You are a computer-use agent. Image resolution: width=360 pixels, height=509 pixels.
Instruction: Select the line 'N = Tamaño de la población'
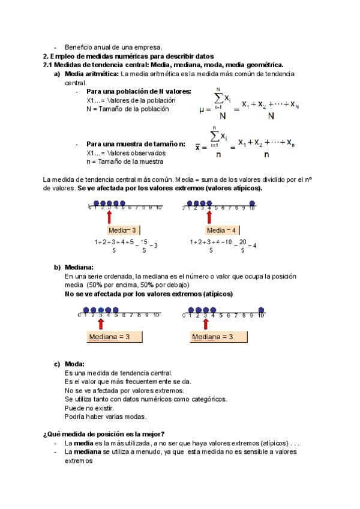tap(127, 109)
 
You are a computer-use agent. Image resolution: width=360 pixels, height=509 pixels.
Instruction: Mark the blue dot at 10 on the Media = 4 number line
tap(252, 203)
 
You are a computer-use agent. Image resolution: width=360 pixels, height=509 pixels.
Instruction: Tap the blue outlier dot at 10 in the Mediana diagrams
tap(261, 310)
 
